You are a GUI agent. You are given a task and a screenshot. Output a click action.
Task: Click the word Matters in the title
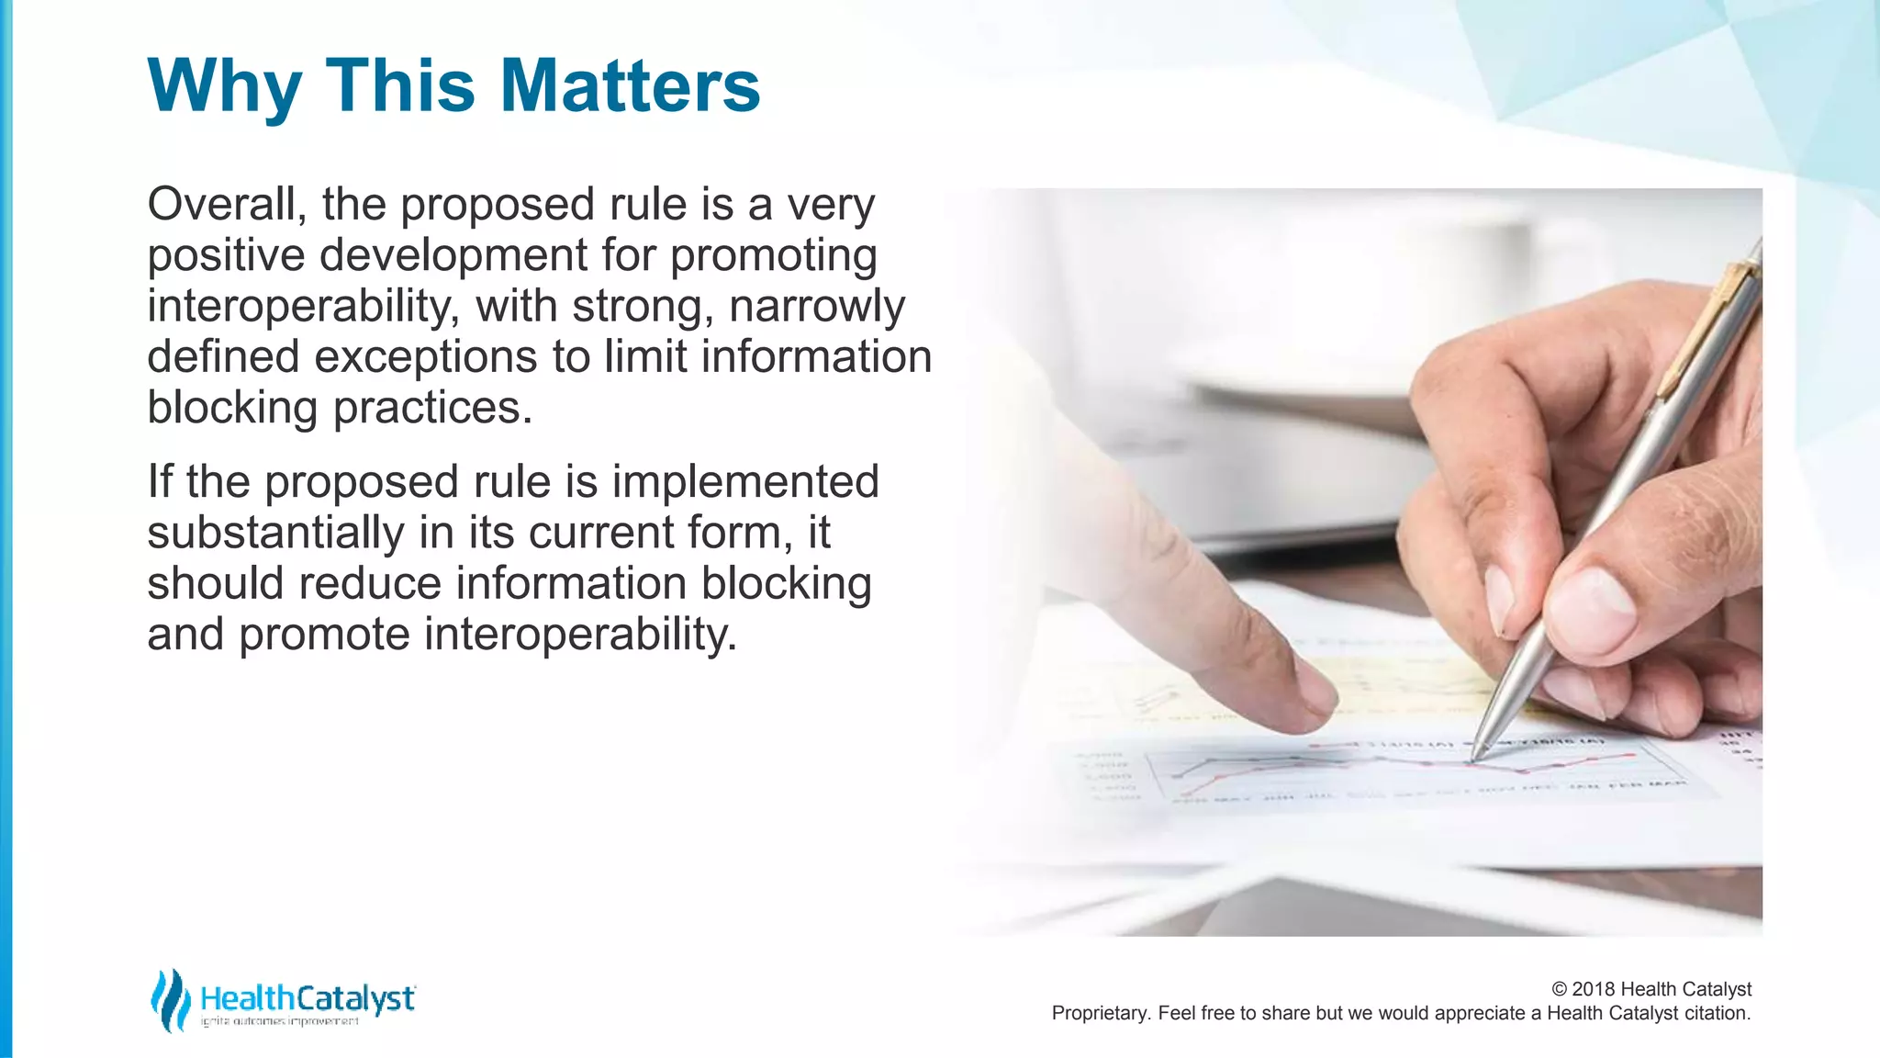(x=630, y=85)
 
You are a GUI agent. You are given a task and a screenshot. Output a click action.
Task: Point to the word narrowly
(x=817, y=306)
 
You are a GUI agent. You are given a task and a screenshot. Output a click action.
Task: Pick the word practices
(x=431, y=408)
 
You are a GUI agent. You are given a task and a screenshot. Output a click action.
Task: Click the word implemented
(x=745, y=482)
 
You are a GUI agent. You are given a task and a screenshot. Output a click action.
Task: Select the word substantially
(x=275, y=533)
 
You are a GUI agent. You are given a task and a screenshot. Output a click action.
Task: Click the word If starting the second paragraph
(x=160, y=481)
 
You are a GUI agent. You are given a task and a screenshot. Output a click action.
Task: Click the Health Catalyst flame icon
(x=170, y=1000)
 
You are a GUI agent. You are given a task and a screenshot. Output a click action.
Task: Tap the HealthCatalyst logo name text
(x=308, y=997)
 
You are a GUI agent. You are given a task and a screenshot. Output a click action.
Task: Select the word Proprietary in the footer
(x=1101, y=1013)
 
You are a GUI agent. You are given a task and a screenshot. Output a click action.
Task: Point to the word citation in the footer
(x=1717, y=1013)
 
